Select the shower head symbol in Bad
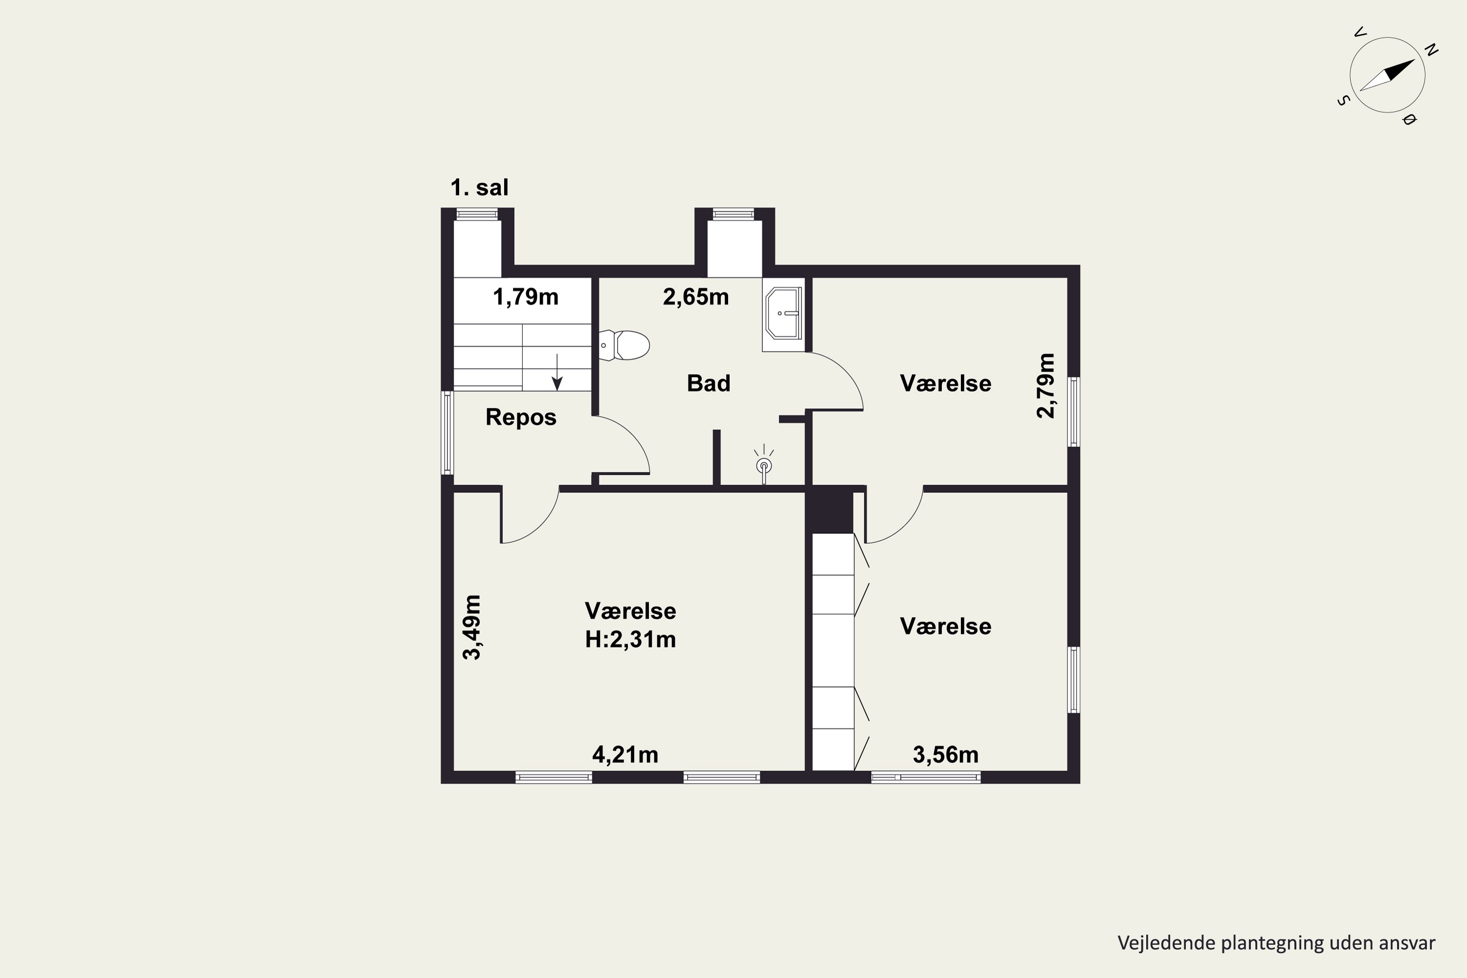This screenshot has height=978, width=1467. pos(764,465)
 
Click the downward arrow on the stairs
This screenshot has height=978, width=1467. pos(557,372)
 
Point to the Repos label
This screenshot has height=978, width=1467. pos(521,417)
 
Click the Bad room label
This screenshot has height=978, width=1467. pos(709,383)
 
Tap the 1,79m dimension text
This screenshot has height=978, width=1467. pos(525,297)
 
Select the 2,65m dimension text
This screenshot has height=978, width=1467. pos(695,297)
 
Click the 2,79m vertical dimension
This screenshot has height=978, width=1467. pos(1046,385)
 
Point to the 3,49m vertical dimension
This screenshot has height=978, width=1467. pos(471,627)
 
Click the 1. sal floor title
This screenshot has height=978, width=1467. pos(480,187)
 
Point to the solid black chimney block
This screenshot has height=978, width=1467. pos(829,511)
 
